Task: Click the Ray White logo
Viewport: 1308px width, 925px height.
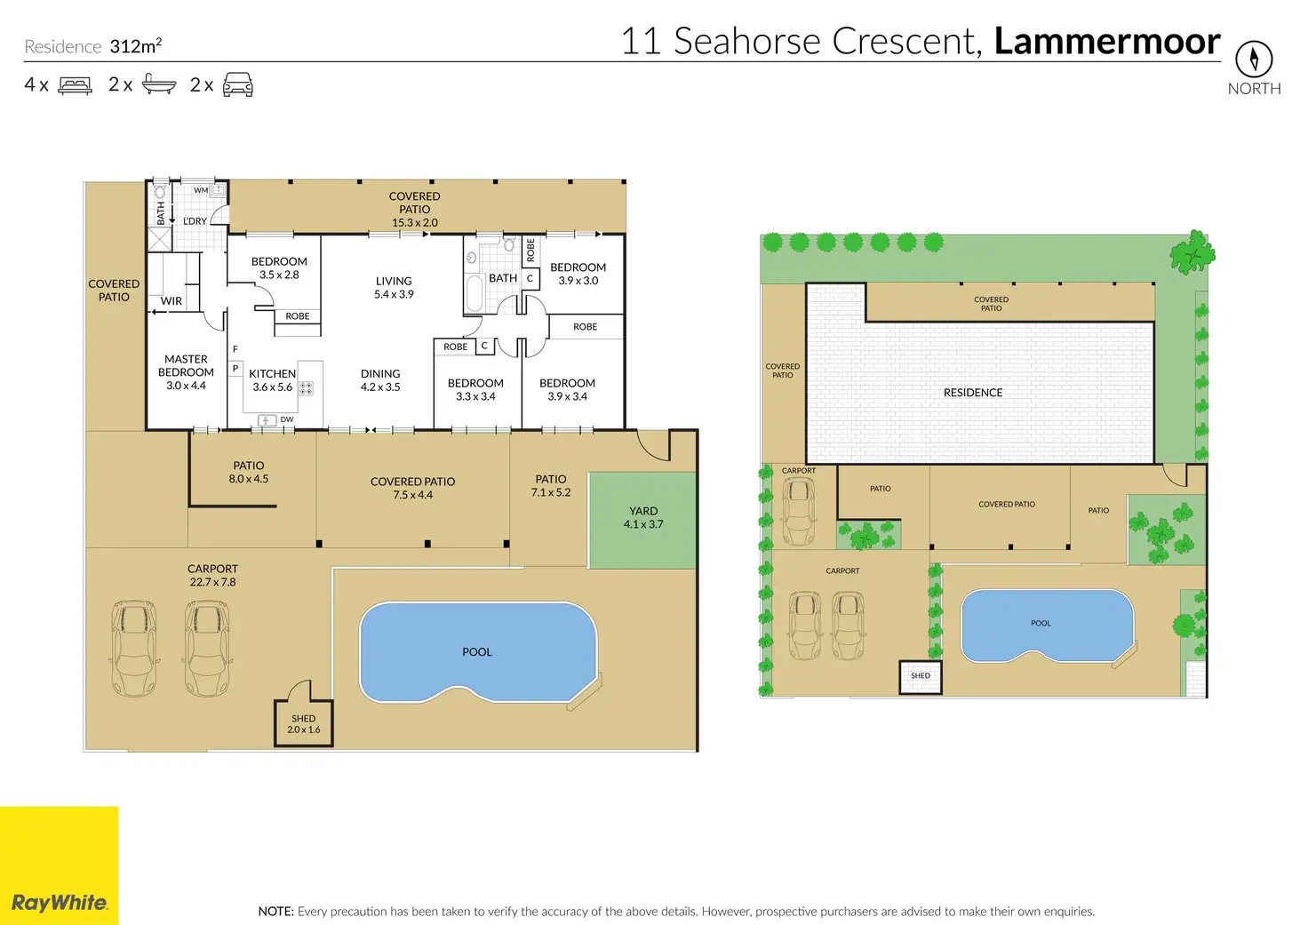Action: point(59,865)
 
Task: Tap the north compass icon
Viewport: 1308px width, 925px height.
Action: point(1254,59)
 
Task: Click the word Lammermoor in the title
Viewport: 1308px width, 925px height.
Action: point(1107,41)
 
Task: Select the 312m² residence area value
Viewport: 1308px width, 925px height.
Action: point(135,45)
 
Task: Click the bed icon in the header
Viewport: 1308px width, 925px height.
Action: point(75,85)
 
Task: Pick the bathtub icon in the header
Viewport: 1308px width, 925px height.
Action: point(159,84)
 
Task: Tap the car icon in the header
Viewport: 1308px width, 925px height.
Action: point(237,84)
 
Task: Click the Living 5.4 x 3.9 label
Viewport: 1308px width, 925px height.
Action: point(394,287)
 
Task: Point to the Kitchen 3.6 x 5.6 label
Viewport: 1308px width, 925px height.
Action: point(272,380)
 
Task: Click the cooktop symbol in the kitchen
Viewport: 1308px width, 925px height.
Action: point(306,388)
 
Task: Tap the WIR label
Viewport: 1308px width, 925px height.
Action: point(171,300)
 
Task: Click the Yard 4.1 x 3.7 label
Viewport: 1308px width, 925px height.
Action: point(643,517)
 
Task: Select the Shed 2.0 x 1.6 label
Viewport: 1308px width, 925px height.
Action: point(304,724)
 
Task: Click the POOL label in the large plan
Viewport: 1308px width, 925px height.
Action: point(477,651)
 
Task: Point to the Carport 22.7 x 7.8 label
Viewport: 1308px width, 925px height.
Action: point(212,575)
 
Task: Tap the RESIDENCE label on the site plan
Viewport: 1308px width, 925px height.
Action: point(973,393)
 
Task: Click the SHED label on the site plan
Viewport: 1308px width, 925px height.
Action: point(921,675)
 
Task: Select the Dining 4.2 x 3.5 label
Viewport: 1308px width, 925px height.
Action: point(380,380)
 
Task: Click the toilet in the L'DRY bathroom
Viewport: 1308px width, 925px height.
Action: point(159,190)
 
